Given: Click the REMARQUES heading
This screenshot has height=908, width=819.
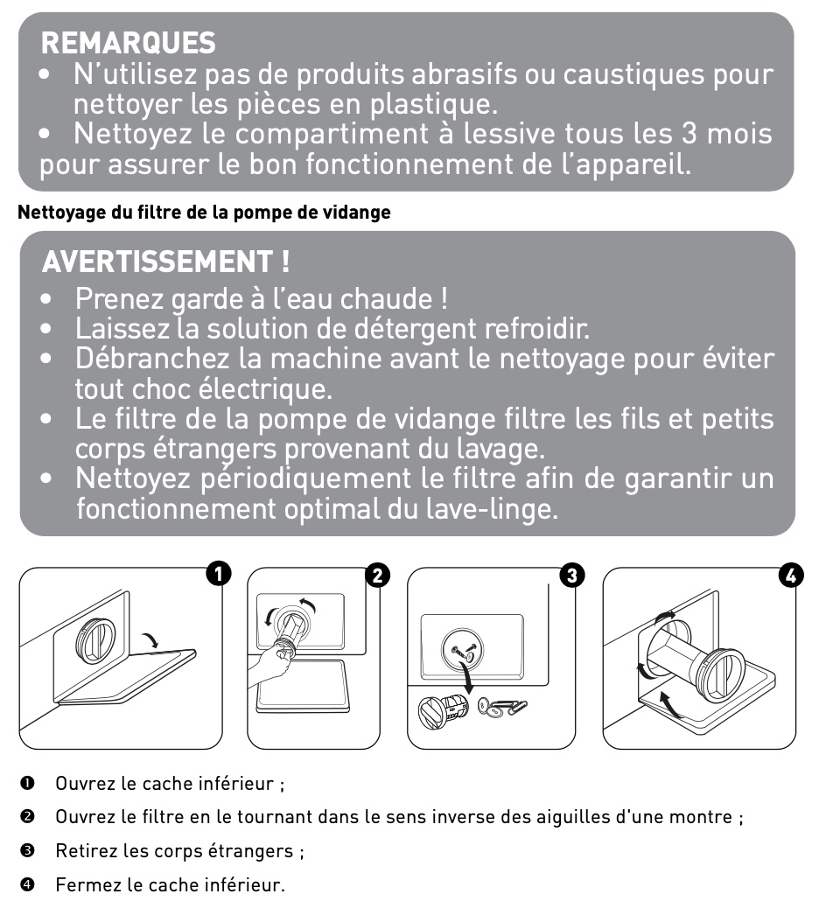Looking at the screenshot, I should pos(128,42).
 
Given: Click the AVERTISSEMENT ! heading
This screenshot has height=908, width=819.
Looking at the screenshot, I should pos(166,261).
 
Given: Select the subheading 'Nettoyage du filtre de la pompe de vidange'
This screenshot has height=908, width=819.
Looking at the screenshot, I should pos(204,213).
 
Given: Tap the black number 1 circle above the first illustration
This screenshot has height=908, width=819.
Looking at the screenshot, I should pos(218,574).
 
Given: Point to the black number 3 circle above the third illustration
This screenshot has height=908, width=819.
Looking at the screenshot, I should pos(571,575).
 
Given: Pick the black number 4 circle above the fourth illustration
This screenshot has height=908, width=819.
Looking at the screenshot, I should pos(791,575).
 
